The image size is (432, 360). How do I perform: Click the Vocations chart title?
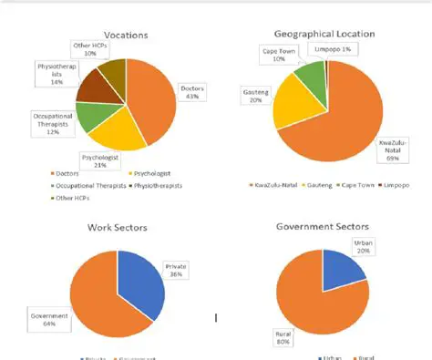click(127, 36)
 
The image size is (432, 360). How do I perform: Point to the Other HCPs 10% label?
click(89, 49)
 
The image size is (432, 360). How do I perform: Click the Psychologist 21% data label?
click(100, 160)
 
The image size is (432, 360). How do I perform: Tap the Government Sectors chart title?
click(326, 227)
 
